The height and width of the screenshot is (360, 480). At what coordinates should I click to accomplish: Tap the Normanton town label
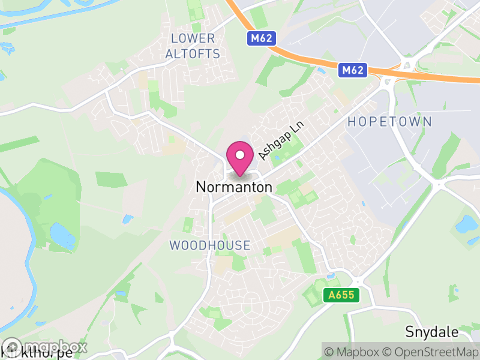(x=234, y=187)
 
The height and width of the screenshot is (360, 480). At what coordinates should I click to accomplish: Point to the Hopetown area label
(x=389, y=122)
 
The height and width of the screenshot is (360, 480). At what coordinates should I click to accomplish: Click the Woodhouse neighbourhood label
(x=210, y=245)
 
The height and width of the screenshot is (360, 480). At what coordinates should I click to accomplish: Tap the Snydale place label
(x=432, y=332)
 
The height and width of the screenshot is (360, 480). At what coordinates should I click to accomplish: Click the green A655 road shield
(x=341, y=295)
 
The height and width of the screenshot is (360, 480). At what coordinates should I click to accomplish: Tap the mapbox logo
(x=45, y=347)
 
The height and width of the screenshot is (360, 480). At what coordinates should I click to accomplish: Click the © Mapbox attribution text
(x=352, y=352)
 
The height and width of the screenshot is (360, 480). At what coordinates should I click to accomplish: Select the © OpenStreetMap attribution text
(x=428, y=352)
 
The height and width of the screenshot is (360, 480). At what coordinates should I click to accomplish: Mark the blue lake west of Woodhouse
(x=62, y=236)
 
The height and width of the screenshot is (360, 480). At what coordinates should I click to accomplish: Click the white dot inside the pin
(x=240, y=155)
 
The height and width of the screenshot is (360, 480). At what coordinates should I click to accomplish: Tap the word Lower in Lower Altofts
(x=193, y=38)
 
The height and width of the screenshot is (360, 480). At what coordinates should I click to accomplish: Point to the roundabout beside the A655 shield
(x=359, y=281)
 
